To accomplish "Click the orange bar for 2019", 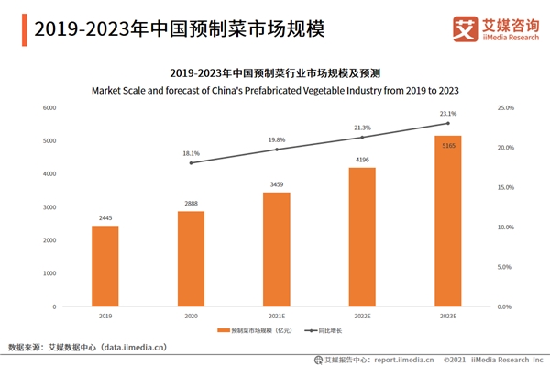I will click(x=105, y=266).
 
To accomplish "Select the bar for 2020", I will click(x=191, y=259).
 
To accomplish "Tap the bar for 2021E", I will click(x=277, y=250).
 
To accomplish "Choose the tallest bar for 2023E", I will click(x=447, y=221).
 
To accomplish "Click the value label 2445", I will click(x=105, y=218).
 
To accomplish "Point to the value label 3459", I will click(x=277, y=185).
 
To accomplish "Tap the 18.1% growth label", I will click(x=191, y=153).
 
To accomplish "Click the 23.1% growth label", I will click(x=447, y=114).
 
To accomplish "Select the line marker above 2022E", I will click(x=362, y=138).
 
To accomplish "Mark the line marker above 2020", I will click(x=191, y=162).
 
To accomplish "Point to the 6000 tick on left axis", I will click(x=49, y=108).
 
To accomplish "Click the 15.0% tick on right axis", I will click(x=505, y=187).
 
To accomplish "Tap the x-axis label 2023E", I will click(x=447, y=315).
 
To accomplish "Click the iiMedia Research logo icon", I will click(x=462, y=28).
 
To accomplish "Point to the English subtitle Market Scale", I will click(x=275, y=90).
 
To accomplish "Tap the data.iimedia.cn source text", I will click(x=119, y=348).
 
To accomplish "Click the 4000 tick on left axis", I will click(x=49, y=174).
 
